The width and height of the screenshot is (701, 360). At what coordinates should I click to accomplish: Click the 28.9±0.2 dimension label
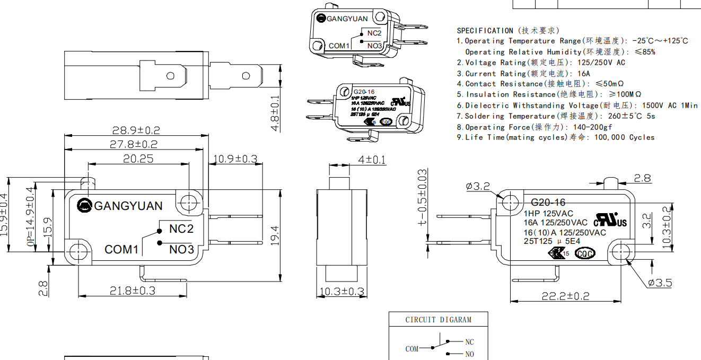[136, 130]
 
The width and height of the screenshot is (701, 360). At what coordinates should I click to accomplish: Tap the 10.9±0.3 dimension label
[235, 159]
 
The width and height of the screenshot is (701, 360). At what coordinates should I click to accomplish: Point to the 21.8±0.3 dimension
[133, 291]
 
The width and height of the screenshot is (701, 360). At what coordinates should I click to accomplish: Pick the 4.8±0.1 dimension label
[275, 114]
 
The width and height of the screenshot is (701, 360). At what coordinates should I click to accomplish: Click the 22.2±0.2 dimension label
[565, 296]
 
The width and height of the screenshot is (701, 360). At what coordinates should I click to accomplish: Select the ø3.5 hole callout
[660, 283]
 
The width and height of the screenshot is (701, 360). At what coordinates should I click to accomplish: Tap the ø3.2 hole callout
[478, 186]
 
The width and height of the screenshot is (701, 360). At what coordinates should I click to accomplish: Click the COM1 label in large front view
[121, 249]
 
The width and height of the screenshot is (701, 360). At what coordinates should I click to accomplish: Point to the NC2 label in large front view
[181, 229]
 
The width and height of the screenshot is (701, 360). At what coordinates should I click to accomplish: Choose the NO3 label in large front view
[182, 249]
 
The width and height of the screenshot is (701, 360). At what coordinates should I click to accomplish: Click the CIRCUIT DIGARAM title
[439, 320]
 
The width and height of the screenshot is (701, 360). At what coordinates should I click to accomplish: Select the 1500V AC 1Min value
[670, 106]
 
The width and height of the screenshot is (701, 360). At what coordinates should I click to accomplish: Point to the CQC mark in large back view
[585, 253]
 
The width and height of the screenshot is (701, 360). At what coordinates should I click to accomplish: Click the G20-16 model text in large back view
[548, 202]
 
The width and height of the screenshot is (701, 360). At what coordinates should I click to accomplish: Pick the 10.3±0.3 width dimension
[342, 291]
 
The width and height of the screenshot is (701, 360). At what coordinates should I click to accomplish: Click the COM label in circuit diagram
[412, 349]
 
